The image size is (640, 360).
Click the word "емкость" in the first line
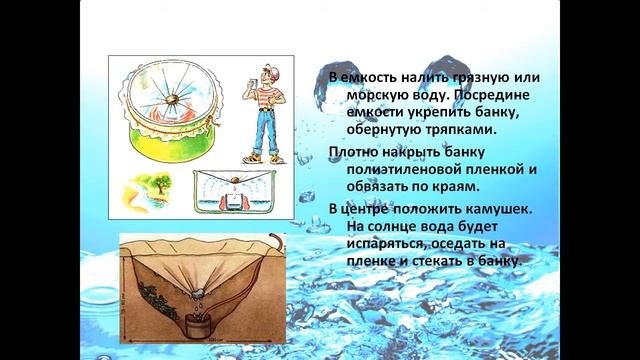pos(368,76)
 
